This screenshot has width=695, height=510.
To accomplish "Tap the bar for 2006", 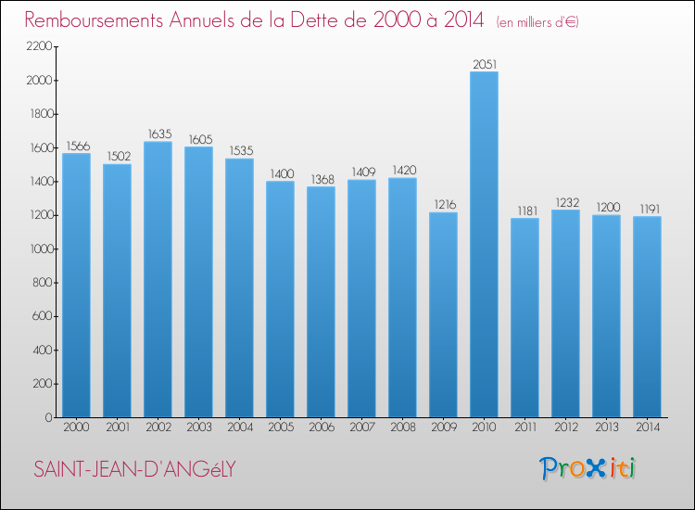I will click(321, 302).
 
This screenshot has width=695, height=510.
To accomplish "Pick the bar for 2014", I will click(647, 317).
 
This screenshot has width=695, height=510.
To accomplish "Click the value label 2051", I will click(484, 64).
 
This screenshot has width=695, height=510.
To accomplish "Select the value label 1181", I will click(524, 210).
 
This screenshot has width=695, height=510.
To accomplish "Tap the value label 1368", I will click(321, 179).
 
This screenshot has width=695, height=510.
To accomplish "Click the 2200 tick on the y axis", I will click(40, 46).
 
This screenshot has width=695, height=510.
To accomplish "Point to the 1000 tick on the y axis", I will click(40, 249).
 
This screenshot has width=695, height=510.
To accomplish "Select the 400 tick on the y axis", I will click(44, 351).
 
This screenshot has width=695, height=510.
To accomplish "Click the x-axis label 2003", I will click(198, 428).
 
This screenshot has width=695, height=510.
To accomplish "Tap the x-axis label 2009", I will click(443, 428).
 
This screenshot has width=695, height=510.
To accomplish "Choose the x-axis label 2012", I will click(565, 428).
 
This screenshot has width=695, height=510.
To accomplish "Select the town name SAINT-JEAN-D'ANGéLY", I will click(133, 469).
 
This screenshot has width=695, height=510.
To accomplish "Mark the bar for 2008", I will click(402, 298).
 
